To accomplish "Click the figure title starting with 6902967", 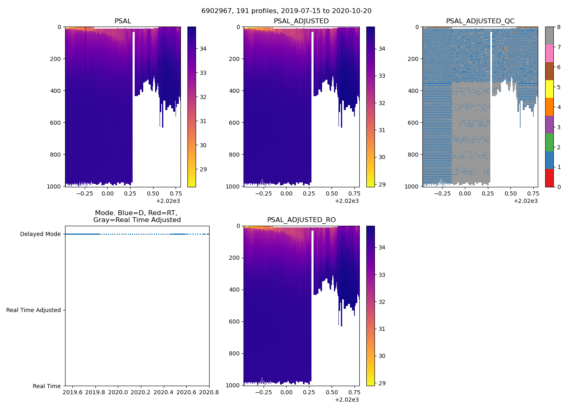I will coord(286,11).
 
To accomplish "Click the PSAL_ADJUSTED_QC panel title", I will coord(480,21).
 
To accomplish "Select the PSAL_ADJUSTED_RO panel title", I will coord(301,220).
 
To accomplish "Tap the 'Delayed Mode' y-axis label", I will coord(40,234).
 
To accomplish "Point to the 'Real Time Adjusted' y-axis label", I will coord(34,310).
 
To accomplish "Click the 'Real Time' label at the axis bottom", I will coord(47,386).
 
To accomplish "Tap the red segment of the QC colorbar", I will coord(549,178).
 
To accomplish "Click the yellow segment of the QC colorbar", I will coord(549,89).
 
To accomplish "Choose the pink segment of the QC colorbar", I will coord(549,54).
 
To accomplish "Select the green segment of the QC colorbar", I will coord(549,142).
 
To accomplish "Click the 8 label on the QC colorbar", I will coord(559,27).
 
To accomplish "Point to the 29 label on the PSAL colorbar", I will coord(203,169).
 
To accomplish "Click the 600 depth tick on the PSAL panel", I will coord(56,123).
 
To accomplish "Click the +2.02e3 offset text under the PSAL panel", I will coord(168,201).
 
